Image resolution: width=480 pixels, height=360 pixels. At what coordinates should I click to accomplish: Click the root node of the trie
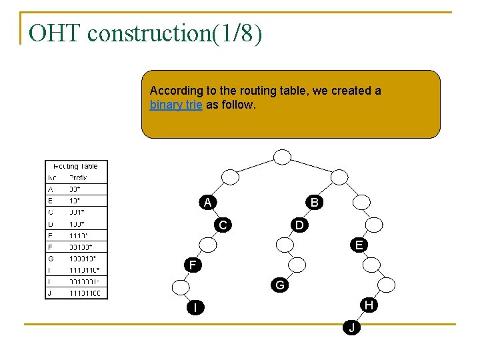click(x=283, y=157)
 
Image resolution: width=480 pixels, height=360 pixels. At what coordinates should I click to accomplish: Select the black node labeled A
click(x=208, y=202)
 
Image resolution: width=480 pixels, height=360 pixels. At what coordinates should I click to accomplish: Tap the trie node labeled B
click(x=314, y=202)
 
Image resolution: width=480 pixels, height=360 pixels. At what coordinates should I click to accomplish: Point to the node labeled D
click(x=300, y=225)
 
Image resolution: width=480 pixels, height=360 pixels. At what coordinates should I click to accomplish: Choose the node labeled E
click(x=359, y=245)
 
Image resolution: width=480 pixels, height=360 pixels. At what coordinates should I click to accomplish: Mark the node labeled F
click(x=193, y=265)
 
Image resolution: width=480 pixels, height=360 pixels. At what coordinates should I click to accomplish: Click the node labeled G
click(x=280, y=285)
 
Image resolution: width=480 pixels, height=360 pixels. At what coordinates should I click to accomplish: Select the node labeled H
click(x=369, y=305)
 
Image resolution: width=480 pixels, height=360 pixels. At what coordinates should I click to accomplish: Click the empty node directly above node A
click(x=230, y=177)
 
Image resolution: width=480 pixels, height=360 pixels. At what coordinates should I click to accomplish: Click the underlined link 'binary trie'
click(x=176, y=105)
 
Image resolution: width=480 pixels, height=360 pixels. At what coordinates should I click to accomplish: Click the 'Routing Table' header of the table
click(x=75, y=166)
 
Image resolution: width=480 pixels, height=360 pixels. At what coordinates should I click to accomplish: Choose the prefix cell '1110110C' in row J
click(x=85, y=293)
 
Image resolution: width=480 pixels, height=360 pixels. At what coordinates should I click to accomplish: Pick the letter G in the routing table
click(x=51, y=258)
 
